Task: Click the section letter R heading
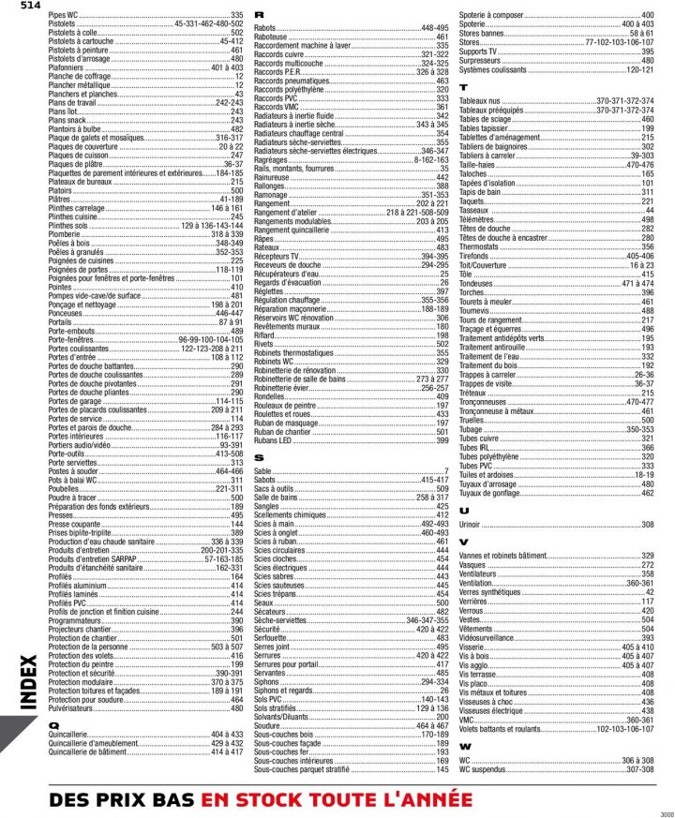259,19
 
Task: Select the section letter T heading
463,87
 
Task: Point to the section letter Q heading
53,724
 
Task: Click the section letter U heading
464,510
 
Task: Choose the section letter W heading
465,746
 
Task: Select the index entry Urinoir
472,525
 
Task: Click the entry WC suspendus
486,769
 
